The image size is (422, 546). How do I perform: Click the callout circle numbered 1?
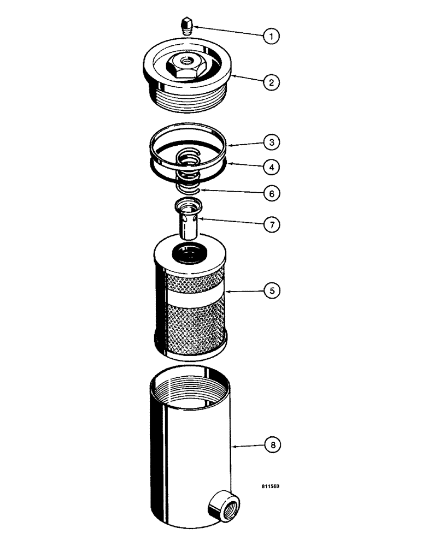click(272, 36)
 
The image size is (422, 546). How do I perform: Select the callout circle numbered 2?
click(272, 83)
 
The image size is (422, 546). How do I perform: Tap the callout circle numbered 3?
click(272, 143)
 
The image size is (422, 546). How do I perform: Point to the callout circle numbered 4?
click(272, 167)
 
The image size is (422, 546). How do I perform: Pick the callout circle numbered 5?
click(272, 291)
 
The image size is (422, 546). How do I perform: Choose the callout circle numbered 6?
click(272, 193)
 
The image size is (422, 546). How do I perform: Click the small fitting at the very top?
click(187, 25)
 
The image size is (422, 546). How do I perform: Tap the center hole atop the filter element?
click(189, 252)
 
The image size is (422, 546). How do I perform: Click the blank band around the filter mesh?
click(191, 298)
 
